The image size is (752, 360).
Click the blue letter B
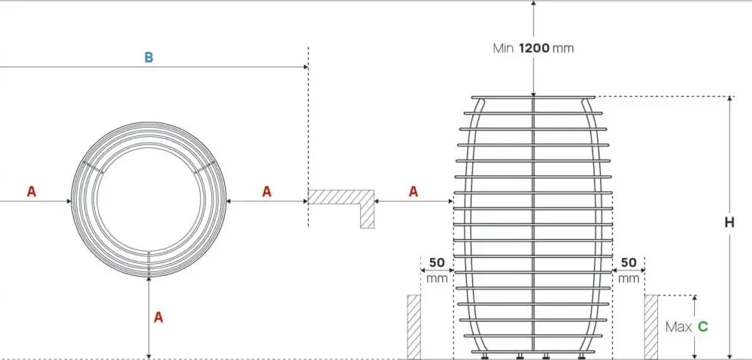(149, 58)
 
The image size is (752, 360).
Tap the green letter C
(702, 327)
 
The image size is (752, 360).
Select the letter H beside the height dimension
(729, 222)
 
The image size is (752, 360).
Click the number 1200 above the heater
(534, 48)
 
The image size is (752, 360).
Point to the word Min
(503, 48)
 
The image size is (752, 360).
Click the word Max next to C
(678, 327)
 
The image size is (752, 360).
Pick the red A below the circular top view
(158, 317)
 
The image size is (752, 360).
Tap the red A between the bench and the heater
(414, 192)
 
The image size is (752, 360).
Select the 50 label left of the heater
(436, 263)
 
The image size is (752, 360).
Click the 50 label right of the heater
(628, 263)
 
